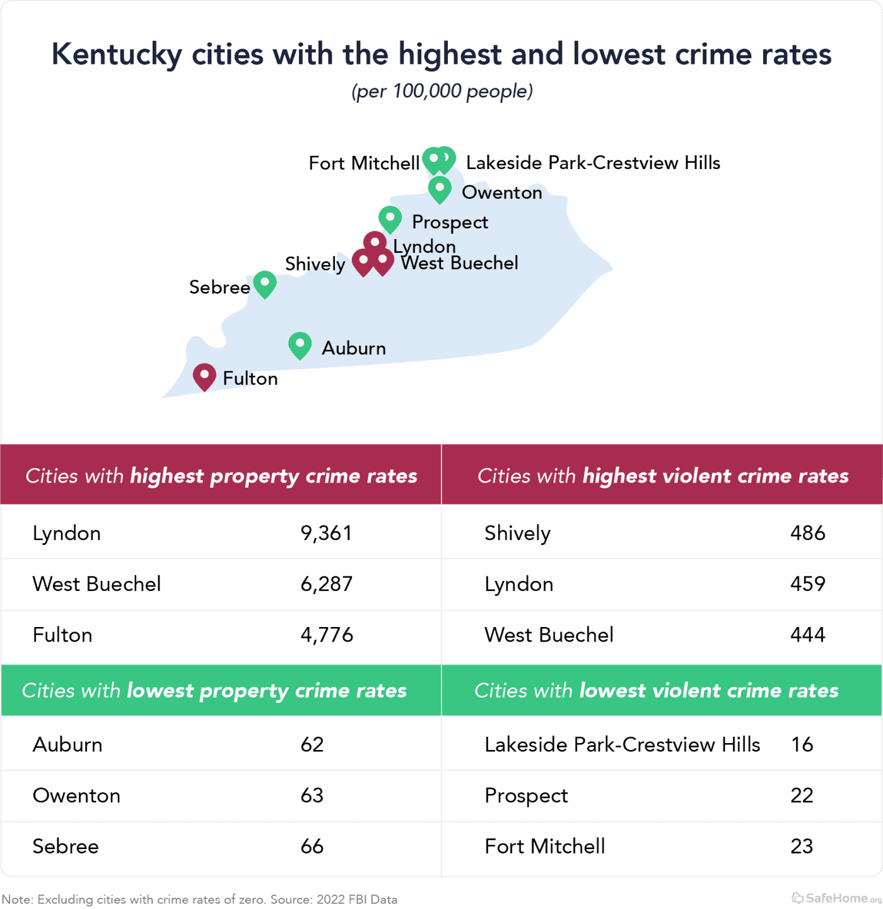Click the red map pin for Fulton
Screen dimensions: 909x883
pos(204,377)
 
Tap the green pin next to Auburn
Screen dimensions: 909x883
pos(300,345)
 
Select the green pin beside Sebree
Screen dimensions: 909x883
pos(265,284)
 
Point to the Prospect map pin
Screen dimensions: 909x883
pos(390,219)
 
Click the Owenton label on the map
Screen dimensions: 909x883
pos(501,192)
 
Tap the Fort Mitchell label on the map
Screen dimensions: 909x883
pos(364,163)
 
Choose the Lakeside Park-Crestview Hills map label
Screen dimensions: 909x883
pos(593,163)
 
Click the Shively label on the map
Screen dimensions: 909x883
pos(315,264)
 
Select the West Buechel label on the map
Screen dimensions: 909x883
pos(460,263)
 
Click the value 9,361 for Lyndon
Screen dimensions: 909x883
pos(326,533)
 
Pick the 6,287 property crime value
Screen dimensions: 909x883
pos(326,584)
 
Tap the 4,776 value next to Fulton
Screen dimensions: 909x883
pos(327,635)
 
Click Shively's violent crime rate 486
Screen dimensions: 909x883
pos(807,533)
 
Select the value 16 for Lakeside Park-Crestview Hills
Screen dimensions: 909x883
pos(802,744)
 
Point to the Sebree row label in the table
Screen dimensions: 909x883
pos(66,846)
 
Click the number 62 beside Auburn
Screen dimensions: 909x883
pos(312,744)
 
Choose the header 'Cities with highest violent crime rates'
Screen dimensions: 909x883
pos(662,476)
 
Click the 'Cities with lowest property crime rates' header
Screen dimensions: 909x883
pos(214,690)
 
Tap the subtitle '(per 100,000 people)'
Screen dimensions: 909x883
pos(441,91)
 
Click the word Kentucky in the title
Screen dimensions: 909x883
pos(117,54)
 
